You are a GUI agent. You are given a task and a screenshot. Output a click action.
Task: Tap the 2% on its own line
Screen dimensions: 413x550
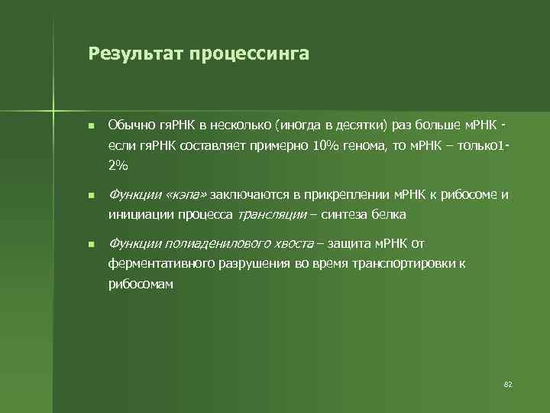click(118, 164)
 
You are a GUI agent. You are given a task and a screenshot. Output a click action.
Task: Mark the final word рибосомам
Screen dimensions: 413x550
click(141, 284)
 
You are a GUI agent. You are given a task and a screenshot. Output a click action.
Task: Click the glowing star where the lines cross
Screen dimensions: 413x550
click(54, 106)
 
